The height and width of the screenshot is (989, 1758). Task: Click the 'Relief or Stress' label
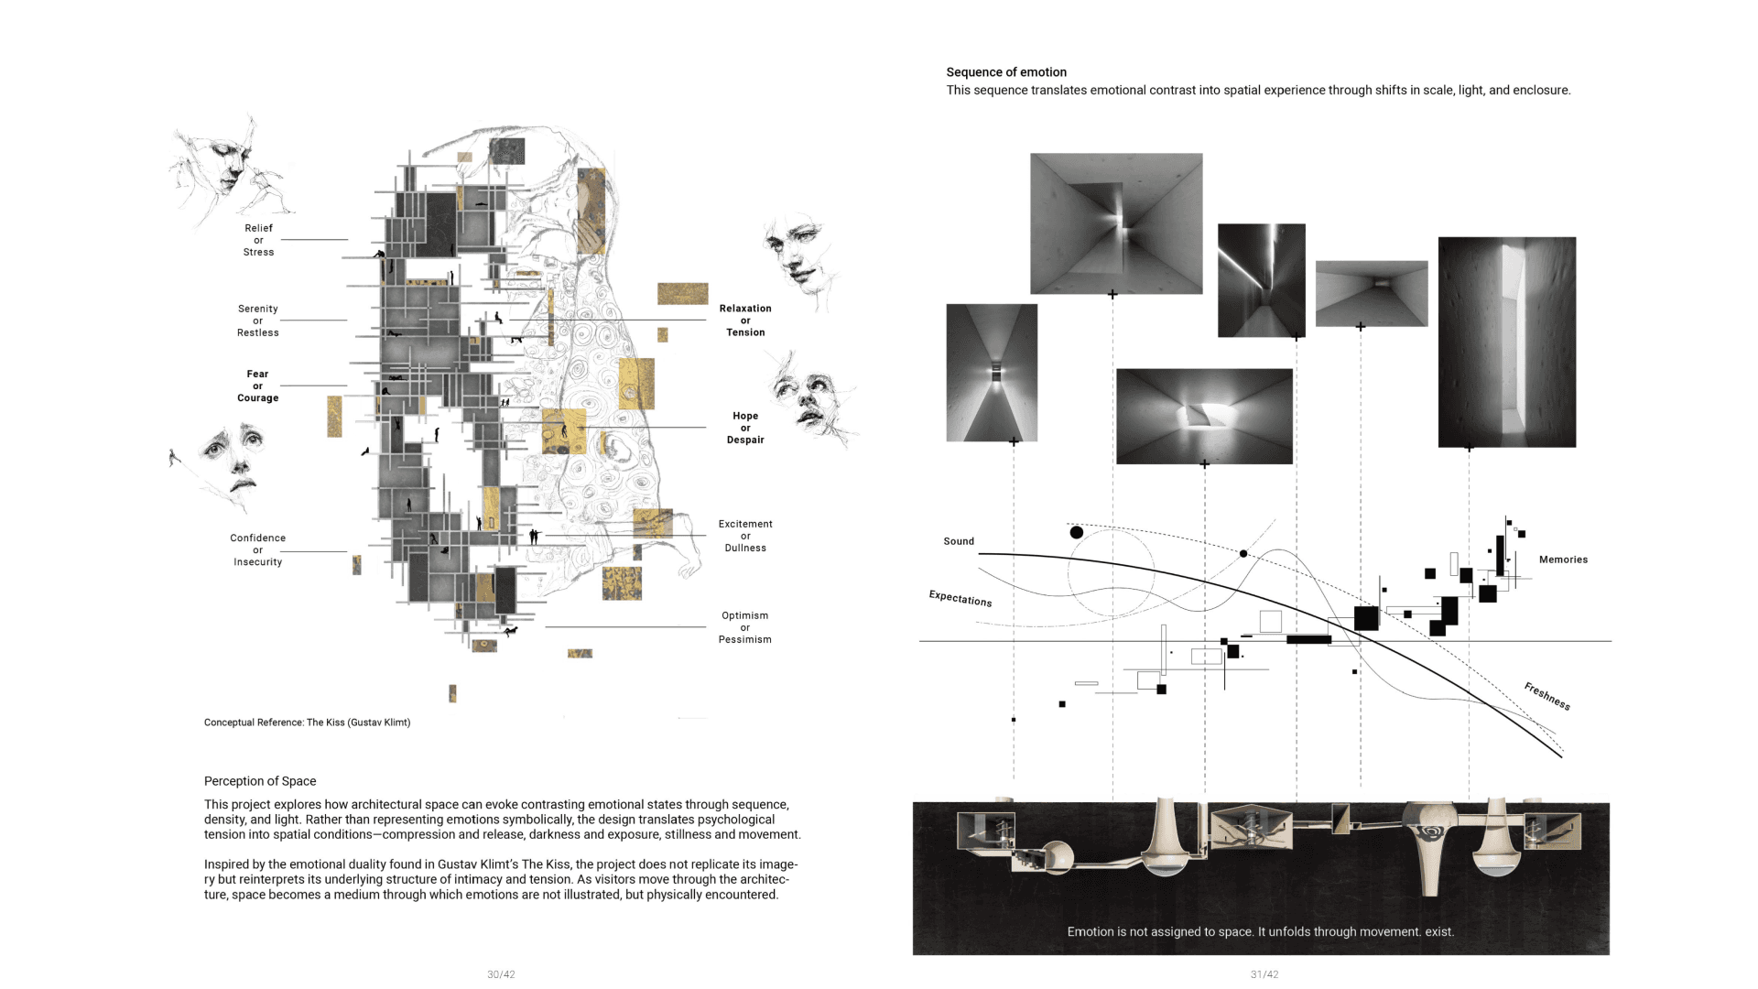(258, 240)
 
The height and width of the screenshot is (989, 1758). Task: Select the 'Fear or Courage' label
(257, 386)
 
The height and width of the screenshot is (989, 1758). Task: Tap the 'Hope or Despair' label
(745, 428)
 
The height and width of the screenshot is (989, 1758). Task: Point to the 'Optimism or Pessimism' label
(744, 627)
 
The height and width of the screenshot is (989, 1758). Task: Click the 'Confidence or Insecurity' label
(257, 549)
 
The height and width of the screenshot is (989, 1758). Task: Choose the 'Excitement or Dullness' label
(745, 536)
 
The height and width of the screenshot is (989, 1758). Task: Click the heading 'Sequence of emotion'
(1006, 72)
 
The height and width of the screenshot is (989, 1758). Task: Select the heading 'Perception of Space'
(260, 781)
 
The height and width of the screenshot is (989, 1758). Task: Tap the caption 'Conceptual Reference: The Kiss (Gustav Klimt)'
(307, 723)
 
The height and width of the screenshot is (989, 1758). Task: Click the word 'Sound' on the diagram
(959, 541)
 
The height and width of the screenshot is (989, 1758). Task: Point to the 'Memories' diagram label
(1563, 560)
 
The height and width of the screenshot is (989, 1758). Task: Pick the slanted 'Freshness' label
(1547, 696)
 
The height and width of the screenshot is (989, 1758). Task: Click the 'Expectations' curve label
(960, 598)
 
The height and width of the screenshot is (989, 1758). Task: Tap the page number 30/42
(501, 974)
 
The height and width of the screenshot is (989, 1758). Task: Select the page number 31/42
(1264, 974)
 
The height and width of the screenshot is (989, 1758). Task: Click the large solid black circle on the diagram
(1077, 532)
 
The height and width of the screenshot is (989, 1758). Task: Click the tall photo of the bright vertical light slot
(1507, 342)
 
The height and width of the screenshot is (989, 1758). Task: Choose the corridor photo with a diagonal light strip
(1262, 280)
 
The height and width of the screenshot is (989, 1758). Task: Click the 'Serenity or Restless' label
(257, 321)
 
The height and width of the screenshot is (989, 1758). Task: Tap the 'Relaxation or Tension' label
(745, 321)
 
